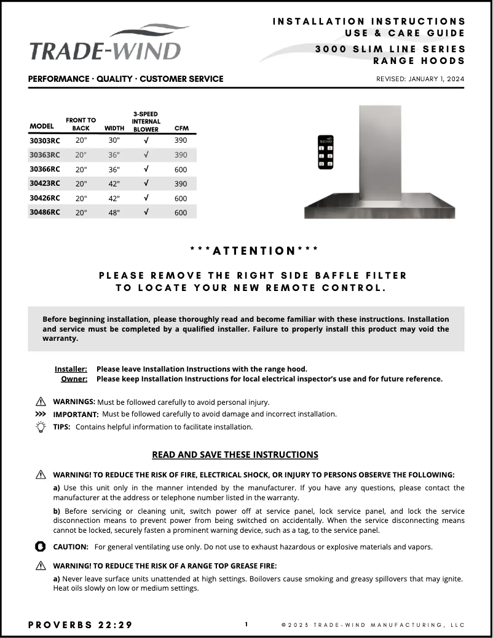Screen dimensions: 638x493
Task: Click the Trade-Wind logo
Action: tap(105, 44)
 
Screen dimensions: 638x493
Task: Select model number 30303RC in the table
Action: tap(45, 140)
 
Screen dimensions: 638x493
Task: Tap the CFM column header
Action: tap(181, 129)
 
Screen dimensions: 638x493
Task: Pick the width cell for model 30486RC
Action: tap(114, 212)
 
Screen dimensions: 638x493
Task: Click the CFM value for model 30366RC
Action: tap(181, 169)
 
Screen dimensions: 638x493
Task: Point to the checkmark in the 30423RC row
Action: tap(146, 183)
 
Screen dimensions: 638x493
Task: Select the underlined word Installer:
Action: tap(71, 369)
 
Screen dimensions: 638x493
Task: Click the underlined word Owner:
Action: tap(74, 379)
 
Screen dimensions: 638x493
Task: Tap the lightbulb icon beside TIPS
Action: tap(41, 426)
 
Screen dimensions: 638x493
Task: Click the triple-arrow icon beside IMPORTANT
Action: tap(41, 414)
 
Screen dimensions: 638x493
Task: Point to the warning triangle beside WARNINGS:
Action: tap(41, 402)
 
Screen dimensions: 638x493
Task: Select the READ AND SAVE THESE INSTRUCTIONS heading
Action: tap(235, 455)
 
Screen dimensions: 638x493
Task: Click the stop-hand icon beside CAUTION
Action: tap(41, 546)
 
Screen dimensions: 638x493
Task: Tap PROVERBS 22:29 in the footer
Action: tap(80, 625)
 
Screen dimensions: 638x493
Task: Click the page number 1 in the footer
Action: tap(246, 624)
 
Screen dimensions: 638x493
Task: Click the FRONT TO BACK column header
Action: tap(81, 124)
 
